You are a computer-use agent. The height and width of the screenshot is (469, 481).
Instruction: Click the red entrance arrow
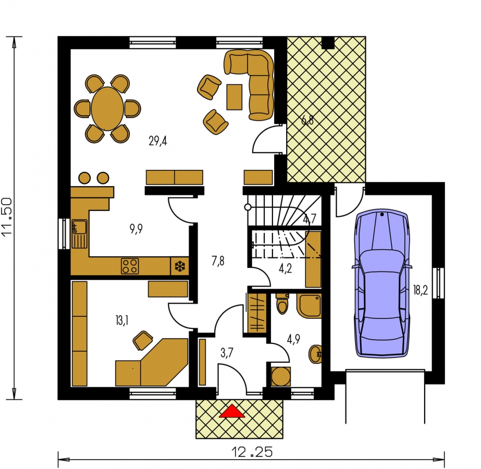pyautogui.click(x=232, y=411)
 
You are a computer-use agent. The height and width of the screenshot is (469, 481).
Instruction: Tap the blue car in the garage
pyautogui.click(x=382, y=283)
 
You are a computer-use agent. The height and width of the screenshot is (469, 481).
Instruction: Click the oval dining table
pyautogui.click(x=107, y=108)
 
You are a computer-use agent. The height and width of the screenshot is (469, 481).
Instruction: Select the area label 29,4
pyautogui.click(x=158, y=141)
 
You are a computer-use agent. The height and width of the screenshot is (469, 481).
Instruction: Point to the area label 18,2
pyautogui.click(x=420, y=290)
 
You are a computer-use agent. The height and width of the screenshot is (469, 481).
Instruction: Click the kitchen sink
pyautogui.click(x=79, y=234)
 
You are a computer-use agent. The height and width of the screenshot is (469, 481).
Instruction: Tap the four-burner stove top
pyautogui.click(x=130, y=266)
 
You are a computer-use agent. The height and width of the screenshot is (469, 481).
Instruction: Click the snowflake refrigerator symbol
pyautogui.click(x=180, y=266)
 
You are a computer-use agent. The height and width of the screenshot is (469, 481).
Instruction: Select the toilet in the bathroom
pyautogui.click(x=282, y=304)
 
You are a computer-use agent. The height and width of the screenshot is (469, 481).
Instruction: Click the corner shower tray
pyautogui.click(x=309, y=306)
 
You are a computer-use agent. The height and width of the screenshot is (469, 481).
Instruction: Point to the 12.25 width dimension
pyautogui.click(x=252, y=452)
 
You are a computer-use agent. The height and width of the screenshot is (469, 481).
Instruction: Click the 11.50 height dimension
pyautogui.click(x=7, y=217)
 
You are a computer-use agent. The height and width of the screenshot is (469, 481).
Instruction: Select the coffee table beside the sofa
pyautogui.click(x=235, y=97)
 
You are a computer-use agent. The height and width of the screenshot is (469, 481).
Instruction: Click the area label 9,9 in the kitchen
pyautogui.click(x=136, y=229)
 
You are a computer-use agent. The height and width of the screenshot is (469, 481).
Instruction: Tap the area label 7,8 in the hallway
pyautogui.click(x=218, y=261)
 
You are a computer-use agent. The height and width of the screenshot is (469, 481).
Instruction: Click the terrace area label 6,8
pyautogui.click(x=307, y=120)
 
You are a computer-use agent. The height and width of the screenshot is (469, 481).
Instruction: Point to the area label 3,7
pyautogui.click(x=227, y=353)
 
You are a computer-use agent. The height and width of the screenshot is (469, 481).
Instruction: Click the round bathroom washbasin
pyautogui.click(x=315, y=354)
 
